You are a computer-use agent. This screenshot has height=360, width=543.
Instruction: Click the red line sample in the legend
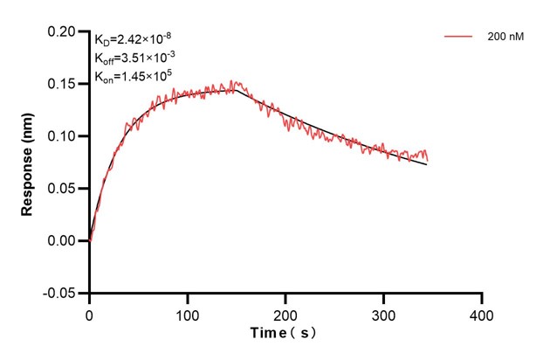[x=459, y=38]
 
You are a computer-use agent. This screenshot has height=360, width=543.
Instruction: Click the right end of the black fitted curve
[x=428, y=164]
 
